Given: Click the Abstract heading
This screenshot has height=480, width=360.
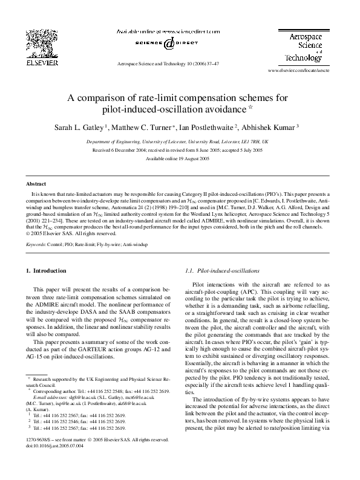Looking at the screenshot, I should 36,183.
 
